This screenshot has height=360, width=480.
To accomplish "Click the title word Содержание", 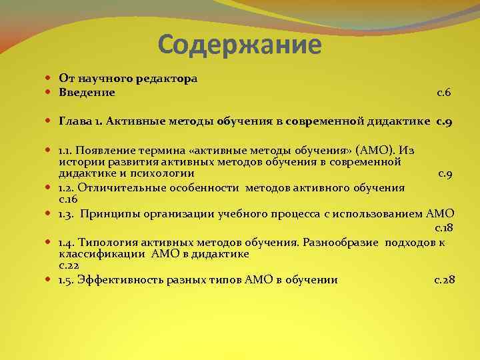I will [240, 45].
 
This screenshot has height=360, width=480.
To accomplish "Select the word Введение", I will [87, 93].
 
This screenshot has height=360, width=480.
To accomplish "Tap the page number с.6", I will [444, 93].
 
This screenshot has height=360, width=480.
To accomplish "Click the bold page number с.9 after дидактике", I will [445, 121].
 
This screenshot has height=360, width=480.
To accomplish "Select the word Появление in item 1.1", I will [106, 150].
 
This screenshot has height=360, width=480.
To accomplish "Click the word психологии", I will [163, 173].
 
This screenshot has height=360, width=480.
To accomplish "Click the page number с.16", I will [68, 200].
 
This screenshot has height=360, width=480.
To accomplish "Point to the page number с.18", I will [444, 228].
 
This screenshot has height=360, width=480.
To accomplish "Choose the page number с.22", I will [69, 266].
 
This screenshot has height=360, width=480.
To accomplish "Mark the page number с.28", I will [445, 280].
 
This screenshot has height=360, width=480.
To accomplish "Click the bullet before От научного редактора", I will [51, 79].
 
